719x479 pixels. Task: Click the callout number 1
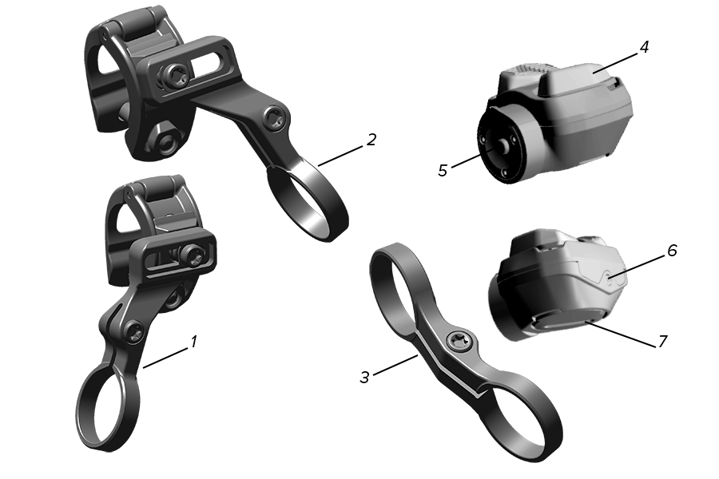point(194,342)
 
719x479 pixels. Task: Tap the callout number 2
point(371,140)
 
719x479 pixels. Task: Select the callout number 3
point(364,378)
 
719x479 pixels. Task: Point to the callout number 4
point(644,47)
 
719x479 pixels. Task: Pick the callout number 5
point(443,171)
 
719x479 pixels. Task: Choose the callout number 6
point(672,251)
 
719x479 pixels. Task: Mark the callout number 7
point(662,342)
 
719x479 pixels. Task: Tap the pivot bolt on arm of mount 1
point(135,332)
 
